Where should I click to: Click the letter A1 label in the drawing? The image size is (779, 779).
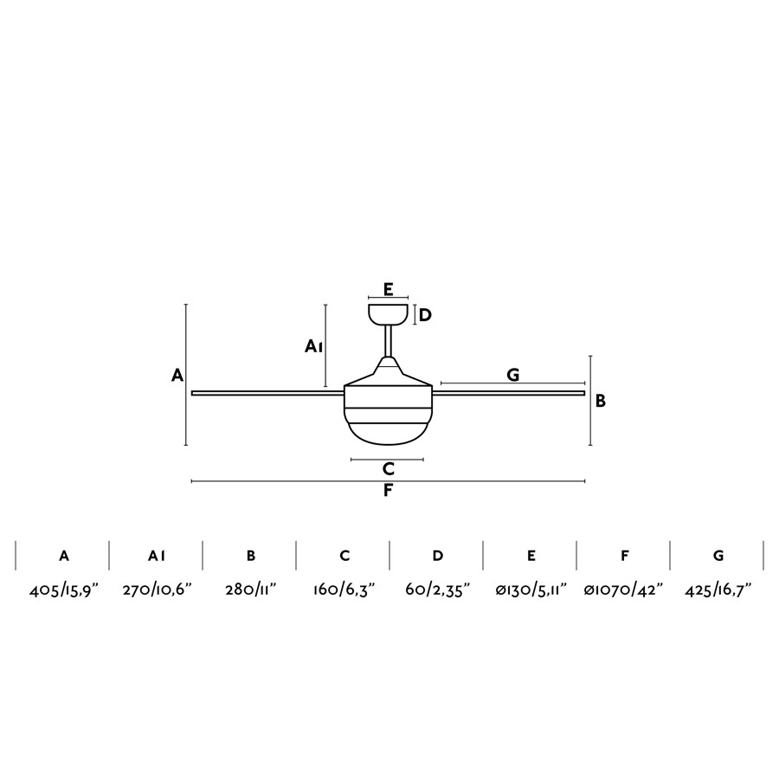tap(313, 345)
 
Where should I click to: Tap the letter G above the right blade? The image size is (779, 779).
tap(513, 375)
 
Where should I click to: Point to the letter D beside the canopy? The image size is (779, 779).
tap(425, 315)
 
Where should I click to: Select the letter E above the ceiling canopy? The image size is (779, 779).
tap(389, 288)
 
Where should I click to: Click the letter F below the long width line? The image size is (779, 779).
tap(388, 491)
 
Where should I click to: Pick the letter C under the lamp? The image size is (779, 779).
tap(389, 468)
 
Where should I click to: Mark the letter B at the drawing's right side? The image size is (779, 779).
tap(601, 401)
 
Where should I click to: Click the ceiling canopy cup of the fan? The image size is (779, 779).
tap(388, 314)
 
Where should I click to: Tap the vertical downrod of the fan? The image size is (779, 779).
tap(388, 341)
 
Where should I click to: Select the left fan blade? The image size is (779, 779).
tap(267, 393)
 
